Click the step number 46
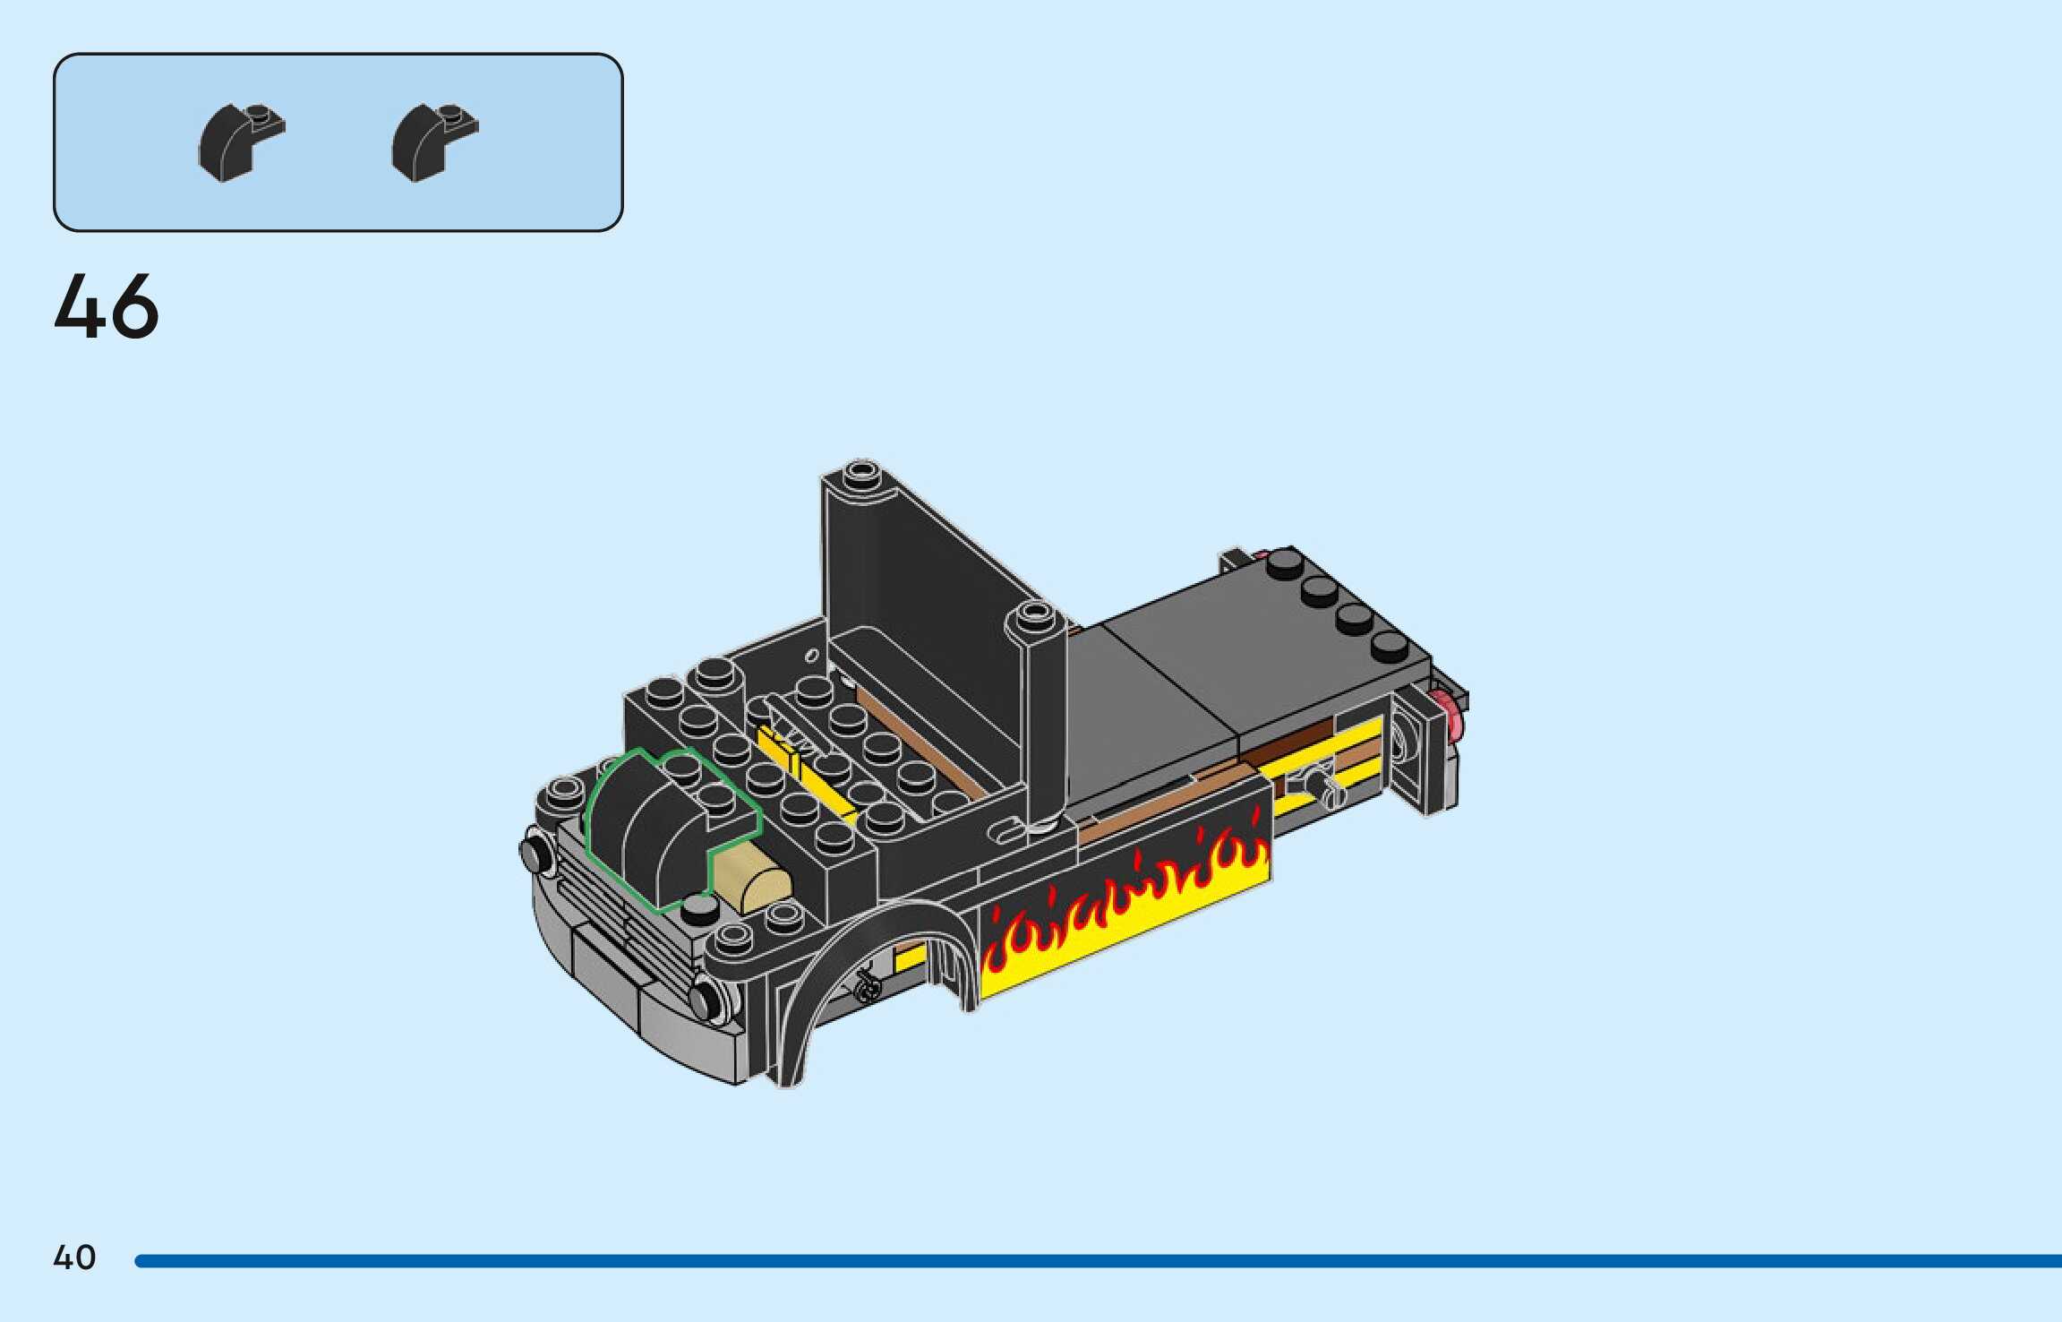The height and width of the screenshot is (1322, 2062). coord(107,306)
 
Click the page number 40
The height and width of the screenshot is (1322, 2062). coord(74,1258)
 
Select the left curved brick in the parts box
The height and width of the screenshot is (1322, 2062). coord(240,142)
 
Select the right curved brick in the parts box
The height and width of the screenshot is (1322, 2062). coord(434,142)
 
